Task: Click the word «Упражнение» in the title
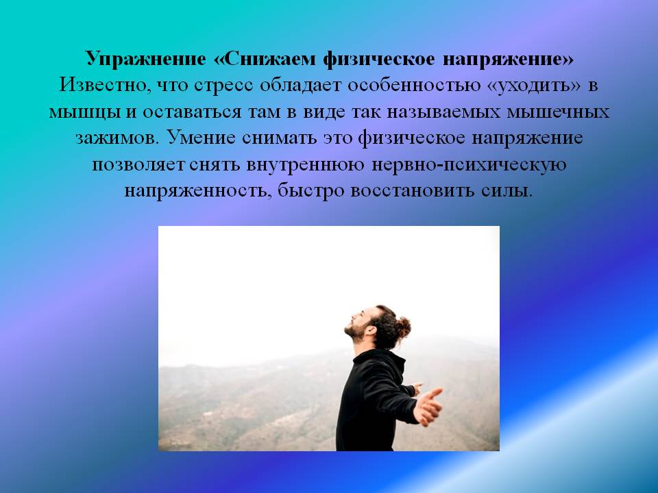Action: pos(145,59)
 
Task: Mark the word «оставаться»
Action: pos(192,112)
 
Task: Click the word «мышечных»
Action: pos(558,112)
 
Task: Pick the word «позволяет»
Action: pos(138,164)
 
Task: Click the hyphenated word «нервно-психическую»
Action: pos(469,164)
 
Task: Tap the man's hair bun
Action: pos(402,327)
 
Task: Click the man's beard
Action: pos(356,332)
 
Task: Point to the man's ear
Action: pos(370,330)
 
